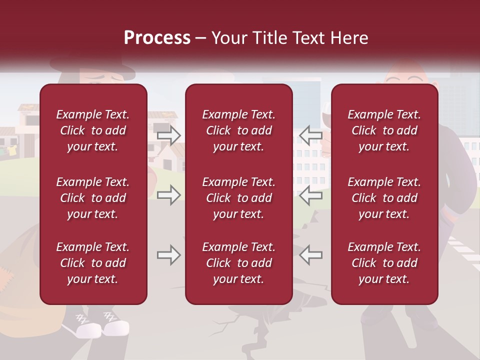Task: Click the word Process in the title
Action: click(157, 37)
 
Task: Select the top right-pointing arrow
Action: click(168, 135)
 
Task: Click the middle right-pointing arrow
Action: click(168, 194)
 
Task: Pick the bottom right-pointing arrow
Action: click(168, 255)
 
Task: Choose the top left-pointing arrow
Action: click(310, 135)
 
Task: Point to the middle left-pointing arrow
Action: click(310, 194)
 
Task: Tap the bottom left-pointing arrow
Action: click(310, 255)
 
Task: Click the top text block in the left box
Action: click(93, 130)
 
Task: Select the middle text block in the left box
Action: click(93, 198)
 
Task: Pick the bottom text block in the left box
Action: click(93, 263)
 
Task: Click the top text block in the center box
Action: click(239, 130)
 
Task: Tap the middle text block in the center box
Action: click(239, 198)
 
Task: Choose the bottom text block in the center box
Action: click(239, 263)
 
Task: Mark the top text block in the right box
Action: click(384, 130)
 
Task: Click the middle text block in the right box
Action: click(384, 198)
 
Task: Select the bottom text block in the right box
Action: click(384, 263)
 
